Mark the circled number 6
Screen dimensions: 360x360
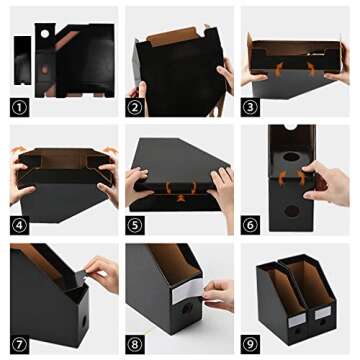pos(253,225)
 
